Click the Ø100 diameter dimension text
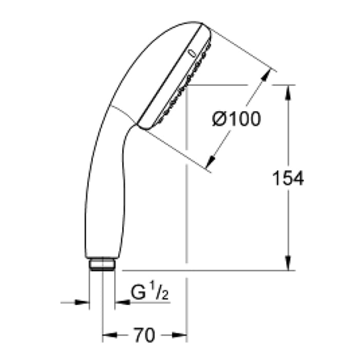click(236, 119)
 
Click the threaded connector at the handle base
click(102, 265)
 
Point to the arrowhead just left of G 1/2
click(120, 302)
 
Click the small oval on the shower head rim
click(191, 53)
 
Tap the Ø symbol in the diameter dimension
click(219, 119)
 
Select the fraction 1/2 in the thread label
click(160, 293)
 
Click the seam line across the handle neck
click(123, 115)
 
